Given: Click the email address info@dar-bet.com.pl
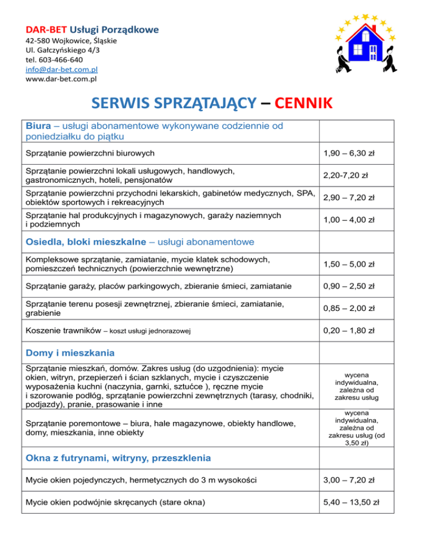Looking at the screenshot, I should [x=61, y=70].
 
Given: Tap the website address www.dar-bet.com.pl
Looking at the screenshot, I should [x=61, y=79].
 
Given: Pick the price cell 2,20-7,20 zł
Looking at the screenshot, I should [x=347, y=176].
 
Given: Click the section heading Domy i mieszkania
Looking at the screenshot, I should [x=71, y=352].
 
